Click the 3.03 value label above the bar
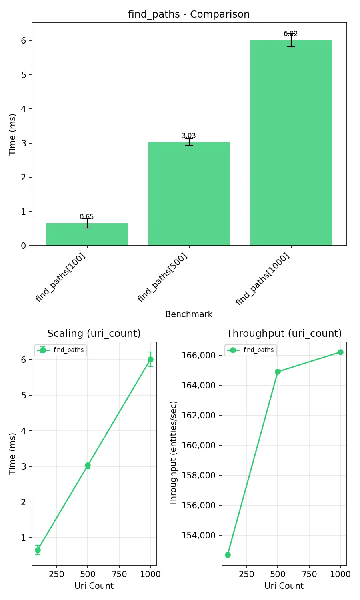[189, 136]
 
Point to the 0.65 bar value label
[87, 217]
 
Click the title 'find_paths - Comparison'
[189, 14]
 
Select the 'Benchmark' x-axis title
[189, 314]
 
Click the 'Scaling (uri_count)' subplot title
[94, 334]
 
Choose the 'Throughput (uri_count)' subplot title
[284, 334]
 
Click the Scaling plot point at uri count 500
[88, 465]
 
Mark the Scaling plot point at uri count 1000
[150, 360]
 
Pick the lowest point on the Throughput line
[228, 555]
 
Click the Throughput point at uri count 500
[278, 372]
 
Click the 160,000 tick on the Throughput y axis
[198, 445]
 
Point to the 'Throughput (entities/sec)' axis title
[173, 454]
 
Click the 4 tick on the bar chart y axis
[24, 109]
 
